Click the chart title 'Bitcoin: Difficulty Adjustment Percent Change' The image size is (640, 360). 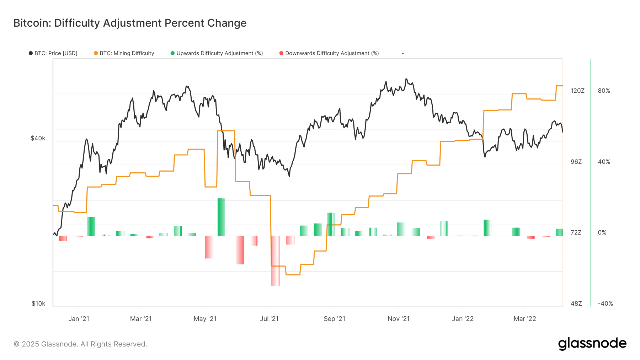coord(130,23)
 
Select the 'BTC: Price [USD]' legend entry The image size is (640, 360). coord(53,53)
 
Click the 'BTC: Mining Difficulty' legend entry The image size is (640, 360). coord(124,53)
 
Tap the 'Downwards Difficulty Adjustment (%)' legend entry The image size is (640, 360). coord(329,53)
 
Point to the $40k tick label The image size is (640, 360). coord(38,138)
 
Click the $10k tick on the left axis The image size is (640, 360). coord(38,303)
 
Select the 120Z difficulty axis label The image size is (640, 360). coord(577,91)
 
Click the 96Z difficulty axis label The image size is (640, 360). coord(576,162)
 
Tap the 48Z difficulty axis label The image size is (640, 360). coord(576,303)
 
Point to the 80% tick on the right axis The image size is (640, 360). coord(604,91)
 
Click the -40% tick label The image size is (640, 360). coord(605,303)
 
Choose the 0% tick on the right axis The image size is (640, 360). coord(602,232)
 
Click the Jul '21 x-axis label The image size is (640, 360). coord(269,319)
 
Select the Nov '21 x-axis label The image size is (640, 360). coord(398,319)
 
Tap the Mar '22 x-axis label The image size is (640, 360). coord(524,319)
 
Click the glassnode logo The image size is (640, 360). coord(592,344)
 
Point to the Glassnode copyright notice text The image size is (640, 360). coord(80,344)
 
